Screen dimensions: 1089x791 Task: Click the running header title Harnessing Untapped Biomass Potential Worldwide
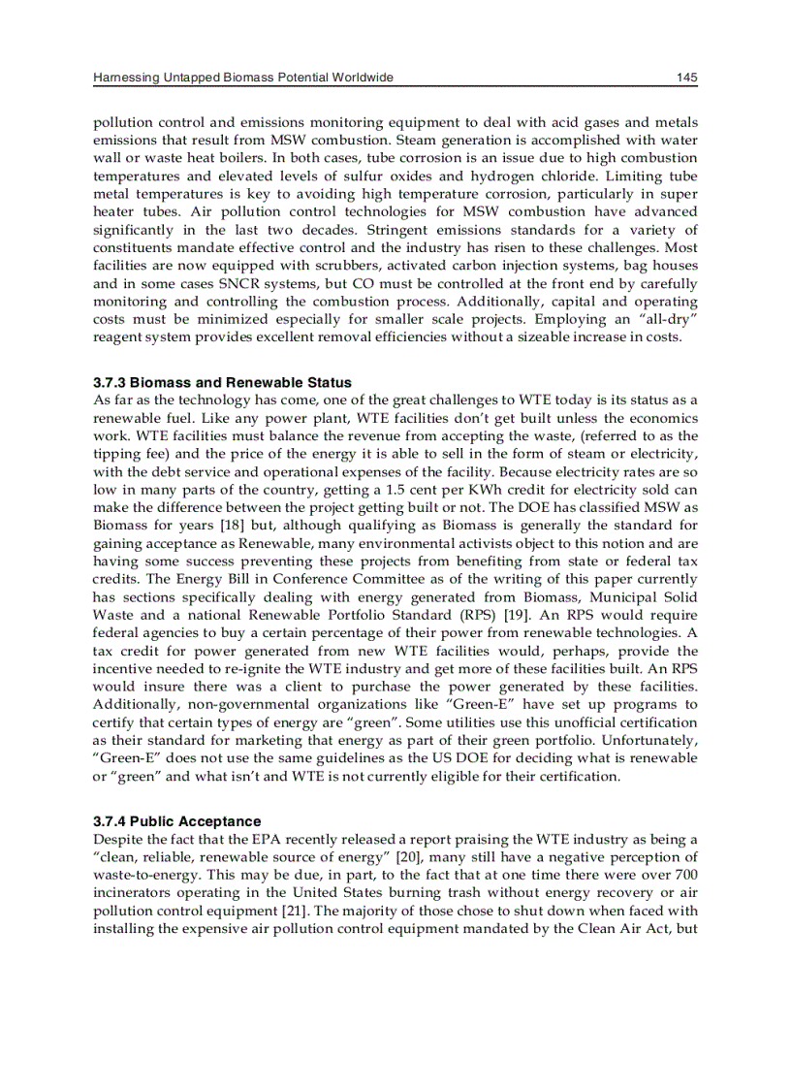pos(243,78)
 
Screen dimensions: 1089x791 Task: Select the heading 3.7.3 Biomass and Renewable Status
pos(222,382)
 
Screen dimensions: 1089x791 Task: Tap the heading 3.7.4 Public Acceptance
pos(176,821)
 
